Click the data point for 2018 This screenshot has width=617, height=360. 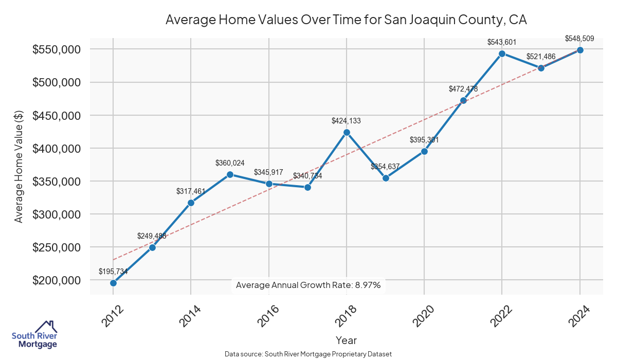pyautogui.click(x=347, y=132)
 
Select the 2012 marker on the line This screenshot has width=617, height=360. pyautogui.click(x=113, y=283)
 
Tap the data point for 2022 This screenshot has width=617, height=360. pyautogui.click(x=502, y=53)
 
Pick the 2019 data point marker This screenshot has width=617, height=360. pyautogui.click(x=386, y=178)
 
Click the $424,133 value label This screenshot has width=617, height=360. pyautogui.click(x=346, y=121)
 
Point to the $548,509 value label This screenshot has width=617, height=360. pyautogui.click(x=580, y=39)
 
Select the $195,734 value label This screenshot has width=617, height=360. pyautogui.click(x=113, y=272)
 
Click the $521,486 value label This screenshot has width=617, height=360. pyautogui.click(x=540, y=56)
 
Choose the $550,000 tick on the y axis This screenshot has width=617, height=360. pyautogui.click(x=57, y=49)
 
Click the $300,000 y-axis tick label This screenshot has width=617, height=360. pyautogui.click(x=57, y=214)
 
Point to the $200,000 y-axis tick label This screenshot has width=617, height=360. pyautogui.click(x=57, y=280)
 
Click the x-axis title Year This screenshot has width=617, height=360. pyautogui.click(x=346, y=340)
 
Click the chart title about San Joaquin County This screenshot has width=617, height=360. pyautogui.click(x=346, y=20)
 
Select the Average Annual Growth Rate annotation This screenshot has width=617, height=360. pyautogui.click(x=308, y=285)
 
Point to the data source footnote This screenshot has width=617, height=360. pyautogui.click(x=308, y=354)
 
